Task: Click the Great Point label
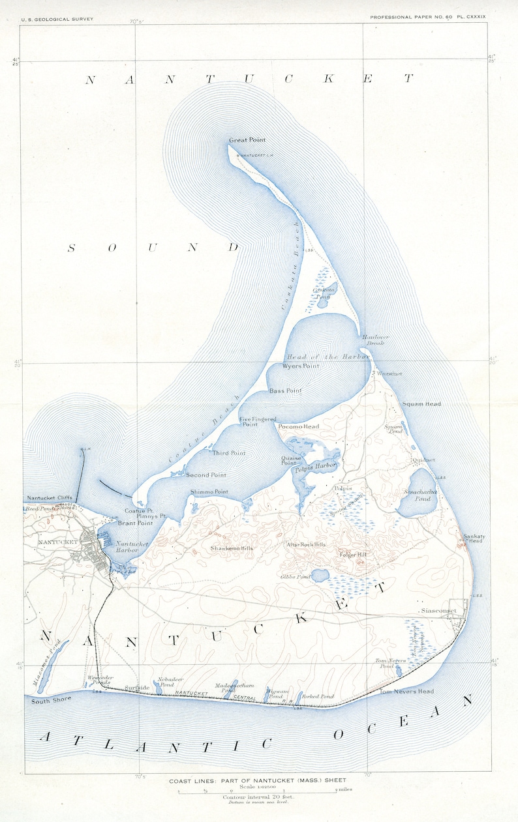coord(247,140)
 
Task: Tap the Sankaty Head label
coord(473,538)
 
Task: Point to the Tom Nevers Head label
coord(406,692)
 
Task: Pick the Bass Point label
coord(284,391)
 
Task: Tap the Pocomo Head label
coord(298,426)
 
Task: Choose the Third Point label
coord(228,452)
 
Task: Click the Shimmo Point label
coord(209,492)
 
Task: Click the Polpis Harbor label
coord(316,465)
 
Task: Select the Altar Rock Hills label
coord(306,544)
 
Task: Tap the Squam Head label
coord(421,404)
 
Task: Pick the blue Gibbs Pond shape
coord(320,576)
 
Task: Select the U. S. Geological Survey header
coord(57,19)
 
